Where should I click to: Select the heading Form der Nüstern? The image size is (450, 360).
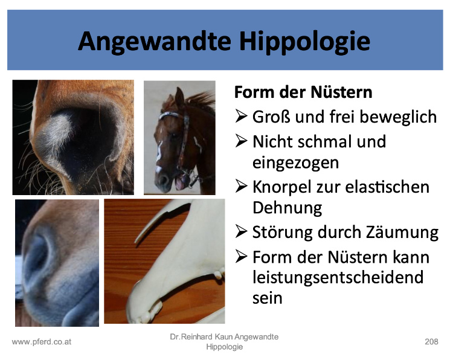pyautogui.click(x=303, y=92)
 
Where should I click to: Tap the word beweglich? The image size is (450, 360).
pyautogui.click(x=398, y=117)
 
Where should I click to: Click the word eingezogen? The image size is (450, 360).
pyautogui.click(x=295, y=162)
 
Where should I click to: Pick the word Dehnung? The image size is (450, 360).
pyautogui.click(x=288, y=208)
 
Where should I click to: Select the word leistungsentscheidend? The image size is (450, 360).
pyautogui.click(x=338, y=277)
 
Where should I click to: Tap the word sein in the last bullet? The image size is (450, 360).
pyautogui.click(x=267, y=298)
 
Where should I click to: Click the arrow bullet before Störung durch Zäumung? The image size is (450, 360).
pyautogui.click(x=241, y=232)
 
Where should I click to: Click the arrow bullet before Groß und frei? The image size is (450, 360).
pyautogui.click(x=241, y=116)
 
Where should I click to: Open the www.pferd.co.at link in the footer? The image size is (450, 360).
pyautogui.click(x=42, y=342)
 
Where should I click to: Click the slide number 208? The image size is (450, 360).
pyautogui.click(x=431, y=342)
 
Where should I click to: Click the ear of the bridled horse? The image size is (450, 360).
pyautogui.click(x=179, y=98)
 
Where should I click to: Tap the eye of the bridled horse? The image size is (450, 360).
pyautogui.click(x=174, y=135)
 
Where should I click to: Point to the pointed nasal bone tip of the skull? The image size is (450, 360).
pyautogui.click(x=136, y=240)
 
